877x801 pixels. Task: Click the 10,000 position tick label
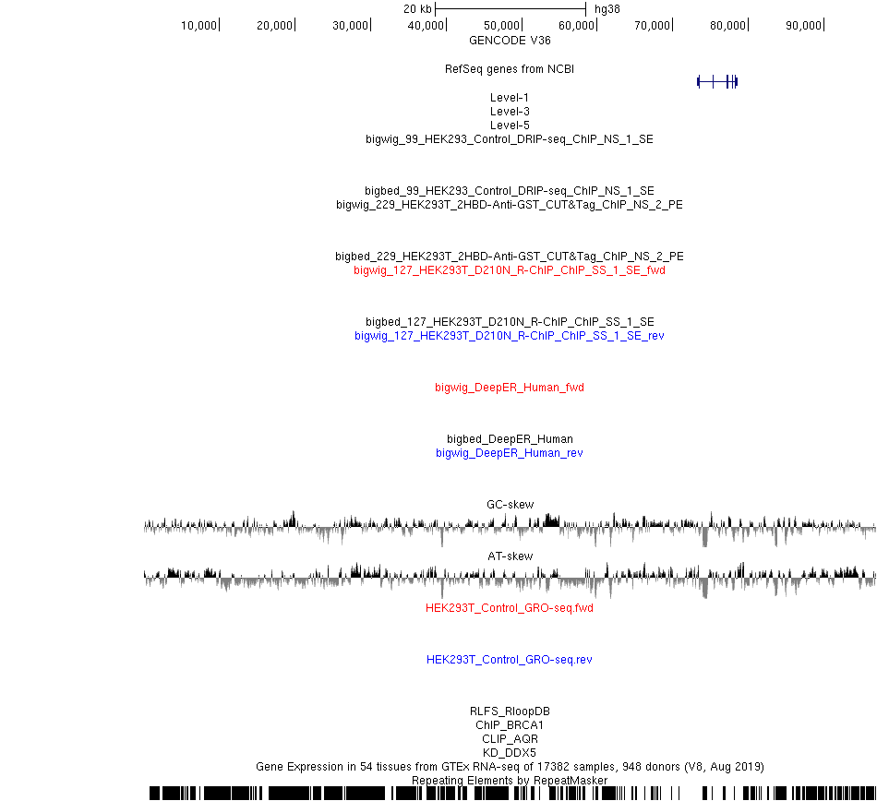pos(198,26)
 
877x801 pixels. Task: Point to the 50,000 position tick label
pos(501,26)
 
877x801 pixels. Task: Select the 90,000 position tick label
pos(803,26)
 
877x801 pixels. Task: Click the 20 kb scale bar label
pos(417,9)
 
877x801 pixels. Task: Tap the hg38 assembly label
pos(607,9)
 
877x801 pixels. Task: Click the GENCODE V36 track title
pos(510,41)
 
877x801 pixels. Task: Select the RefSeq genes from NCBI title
pos(510,69)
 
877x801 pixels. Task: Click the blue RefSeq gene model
pos(717,82)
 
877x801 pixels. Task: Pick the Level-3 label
pos(510,112)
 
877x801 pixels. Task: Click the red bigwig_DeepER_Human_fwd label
pos(510,388)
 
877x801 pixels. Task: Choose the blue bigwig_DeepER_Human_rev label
pos(510,453)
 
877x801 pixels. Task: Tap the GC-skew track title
pos(511,504)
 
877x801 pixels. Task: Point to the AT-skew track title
pos(511,556)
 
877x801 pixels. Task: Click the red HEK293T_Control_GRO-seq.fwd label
pos(510,607)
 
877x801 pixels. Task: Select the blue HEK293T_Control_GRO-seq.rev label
pos(510,660)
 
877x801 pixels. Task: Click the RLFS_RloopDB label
pos(510,711)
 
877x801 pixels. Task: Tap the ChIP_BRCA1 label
pos(510,725)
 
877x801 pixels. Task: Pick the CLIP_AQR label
pos(510,739)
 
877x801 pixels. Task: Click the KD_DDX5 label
pos(510,752)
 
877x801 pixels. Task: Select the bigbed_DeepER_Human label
pos(510,438)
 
